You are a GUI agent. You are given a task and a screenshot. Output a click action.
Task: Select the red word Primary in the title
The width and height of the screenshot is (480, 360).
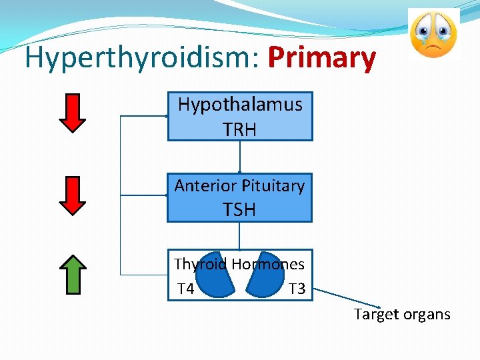click(321, 59)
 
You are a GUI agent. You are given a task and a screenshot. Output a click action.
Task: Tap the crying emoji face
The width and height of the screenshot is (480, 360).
click(433, 34)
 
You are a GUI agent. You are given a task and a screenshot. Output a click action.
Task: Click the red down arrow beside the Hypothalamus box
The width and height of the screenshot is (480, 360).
click(73, 113)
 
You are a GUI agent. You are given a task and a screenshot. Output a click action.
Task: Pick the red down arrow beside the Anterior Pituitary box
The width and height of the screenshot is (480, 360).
click(73, 195)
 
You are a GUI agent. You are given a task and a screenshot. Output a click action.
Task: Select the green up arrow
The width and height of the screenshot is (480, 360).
click(73, 274)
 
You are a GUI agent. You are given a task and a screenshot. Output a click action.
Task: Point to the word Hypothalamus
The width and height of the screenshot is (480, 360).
click(240, 105)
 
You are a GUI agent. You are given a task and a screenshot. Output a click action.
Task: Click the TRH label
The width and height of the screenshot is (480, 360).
click(239, 129)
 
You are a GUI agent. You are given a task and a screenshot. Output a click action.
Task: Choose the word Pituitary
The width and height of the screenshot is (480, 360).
click(273, 186)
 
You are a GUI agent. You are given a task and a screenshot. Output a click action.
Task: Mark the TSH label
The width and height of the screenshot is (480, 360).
click(239, 210)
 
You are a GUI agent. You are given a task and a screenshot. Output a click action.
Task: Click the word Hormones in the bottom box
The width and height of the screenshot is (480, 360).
click(268, 264)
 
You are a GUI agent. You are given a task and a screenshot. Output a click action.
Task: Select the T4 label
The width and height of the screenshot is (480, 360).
click(186, 289)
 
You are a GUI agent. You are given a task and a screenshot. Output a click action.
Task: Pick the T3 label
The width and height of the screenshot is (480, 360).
click(297, 289)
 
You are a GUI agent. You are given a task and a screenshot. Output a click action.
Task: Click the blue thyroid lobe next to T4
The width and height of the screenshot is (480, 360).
click(215, 275)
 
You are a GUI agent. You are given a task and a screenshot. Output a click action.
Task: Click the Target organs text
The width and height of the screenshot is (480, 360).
click(402, 314)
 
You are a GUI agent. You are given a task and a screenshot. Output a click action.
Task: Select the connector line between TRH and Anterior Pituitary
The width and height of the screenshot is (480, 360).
click(239, 157)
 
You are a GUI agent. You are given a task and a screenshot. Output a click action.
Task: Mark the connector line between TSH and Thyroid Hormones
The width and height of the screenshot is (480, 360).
click(239, 236)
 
